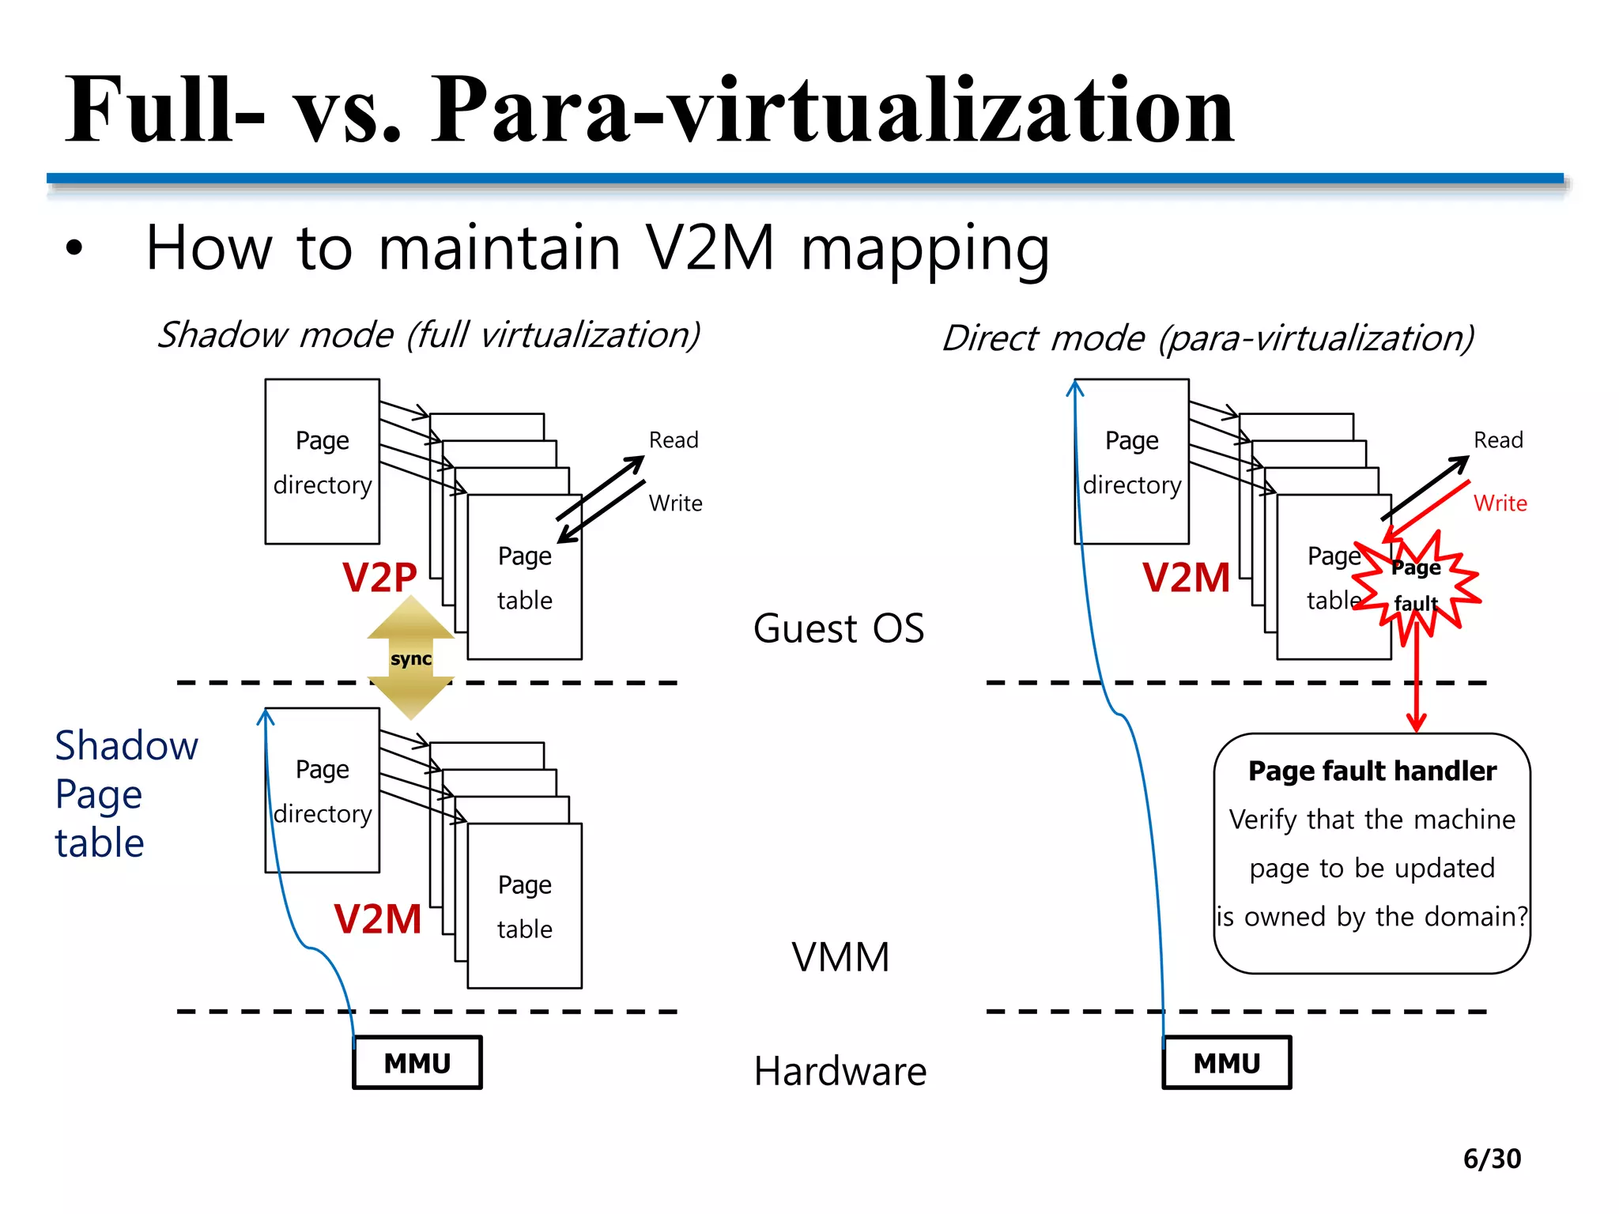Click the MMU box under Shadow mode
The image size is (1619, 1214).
coord(417,1063)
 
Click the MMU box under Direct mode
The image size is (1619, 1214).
coord(1226,1063)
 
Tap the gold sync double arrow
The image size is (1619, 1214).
coord(410,658)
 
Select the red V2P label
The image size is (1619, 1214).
coord(379,577)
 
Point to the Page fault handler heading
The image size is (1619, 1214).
coord(1372,771)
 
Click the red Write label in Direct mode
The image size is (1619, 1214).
coord(1500,503)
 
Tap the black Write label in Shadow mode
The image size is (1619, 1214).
coord(675,503)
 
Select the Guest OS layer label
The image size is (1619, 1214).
coord(838,629)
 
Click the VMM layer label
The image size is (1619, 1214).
coord(840,957)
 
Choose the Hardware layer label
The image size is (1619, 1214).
coord(840,1072)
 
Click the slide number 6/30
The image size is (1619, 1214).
coord(1491,1159)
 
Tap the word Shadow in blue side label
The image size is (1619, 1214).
coord(126,745)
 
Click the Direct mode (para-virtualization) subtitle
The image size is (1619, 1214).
coord(1208,338)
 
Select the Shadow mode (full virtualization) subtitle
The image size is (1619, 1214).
coord(428,335)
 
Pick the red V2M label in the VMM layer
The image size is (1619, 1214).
coord(378,919)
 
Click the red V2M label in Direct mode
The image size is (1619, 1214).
coord(1186,577)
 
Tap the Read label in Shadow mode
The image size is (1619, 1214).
coord(674,440)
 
